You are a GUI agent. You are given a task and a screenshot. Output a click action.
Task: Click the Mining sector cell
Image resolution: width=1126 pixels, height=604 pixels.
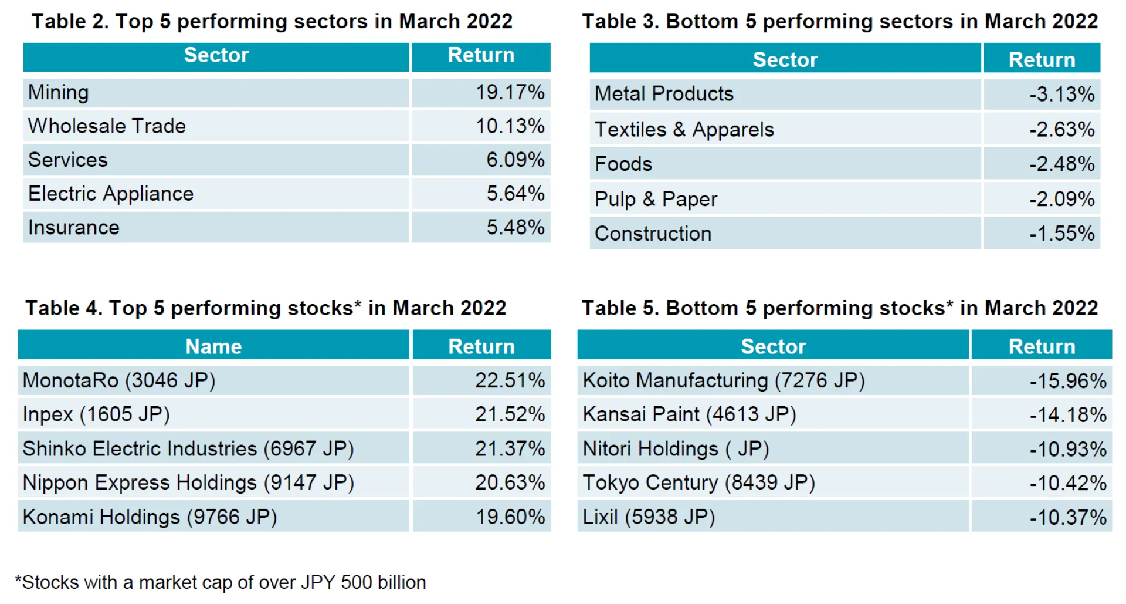[59, 93]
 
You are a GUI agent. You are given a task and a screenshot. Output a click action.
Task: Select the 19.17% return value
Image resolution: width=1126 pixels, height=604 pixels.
[509, 93]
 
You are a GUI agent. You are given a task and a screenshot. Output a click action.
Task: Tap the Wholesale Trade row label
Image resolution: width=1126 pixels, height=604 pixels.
[107, 126]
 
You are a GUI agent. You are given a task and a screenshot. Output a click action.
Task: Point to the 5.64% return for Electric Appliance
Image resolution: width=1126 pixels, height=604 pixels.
[515, 194]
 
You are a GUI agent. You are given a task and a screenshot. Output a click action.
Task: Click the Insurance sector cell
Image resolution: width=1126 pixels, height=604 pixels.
[74, 228]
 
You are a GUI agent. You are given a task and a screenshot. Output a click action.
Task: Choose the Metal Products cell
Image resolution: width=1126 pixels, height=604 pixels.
[664, 94]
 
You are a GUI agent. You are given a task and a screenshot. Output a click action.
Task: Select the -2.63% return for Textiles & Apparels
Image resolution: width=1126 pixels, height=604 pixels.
[1061, 129]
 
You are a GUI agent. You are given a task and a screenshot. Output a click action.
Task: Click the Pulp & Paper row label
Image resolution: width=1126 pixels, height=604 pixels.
[656, 199]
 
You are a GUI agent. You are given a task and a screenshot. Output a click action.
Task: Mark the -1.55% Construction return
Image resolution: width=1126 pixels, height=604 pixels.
[1061, 234]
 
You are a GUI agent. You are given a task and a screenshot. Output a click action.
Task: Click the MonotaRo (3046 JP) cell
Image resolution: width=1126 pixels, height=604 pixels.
[119, 380]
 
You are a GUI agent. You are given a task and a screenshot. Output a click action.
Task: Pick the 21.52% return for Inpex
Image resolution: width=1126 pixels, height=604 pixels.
[510, 414]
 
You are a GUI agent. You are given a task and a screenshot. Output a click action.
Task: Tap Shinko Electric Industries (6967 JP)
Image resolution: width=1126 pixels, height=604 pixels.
[188, 449]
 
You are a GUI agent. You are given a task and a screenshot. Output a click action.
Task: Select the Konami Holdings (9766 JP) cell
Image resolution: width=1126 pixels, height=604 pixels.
[150, 517]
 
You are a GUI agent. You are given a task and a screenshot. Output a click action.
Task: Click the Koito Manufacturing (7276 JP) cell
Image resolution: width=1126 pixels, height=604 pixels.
[724, 380]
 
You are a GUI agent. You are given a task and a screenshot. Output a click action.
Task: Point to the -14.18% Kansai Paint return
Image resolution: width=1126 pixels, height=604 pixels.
[1067, 415]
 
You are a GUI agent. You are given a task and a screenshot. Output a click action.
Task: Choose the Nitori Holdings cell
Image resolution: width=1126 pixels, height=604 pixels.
[676, 449]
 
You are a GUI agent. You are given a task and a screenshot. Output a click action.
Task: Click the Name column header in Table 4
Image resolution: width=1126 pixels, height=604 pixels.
[213, 346]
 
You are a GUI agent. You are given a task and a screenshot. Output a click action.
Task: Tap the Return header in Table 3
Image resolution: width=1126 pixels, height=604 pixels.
[1042, 60]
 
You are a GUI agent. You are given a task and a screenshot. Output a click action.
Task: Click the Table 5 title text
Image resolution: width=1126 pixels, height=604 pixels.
[839, 308]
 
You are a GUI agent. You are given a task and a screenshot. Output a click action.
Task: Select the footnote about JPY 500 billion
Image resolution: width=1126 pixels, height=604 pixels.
[221, 582]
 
